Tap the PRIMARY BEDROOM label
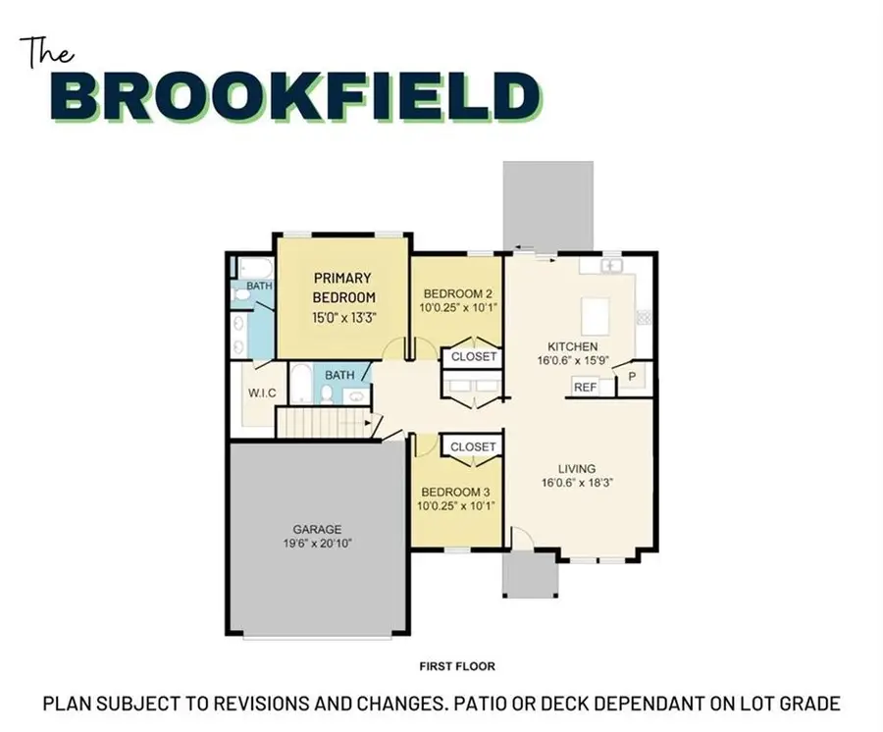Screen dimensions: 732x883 pyautogui.click(x=343, y=287)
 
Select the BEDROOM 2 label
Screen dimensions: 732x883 pyautogui.click(x=456, y=293)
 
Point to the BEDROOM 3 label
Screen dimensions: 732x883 pyautogui.click(x=456, y=492)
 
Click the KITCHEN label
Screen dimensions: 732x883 pyautogui.click(x=572, y=346)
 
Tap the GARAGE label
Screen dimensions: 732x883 pyautogui.click(x=316, y=529)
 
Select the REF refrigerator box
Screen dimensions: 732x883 pyautogui.click(x=585, y=388)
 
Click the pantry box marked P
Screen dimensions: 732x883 pyautogui.click(x=631, y=377)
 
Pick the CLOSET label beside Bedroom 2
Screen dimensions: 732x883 pyautogui.click(x=473, y=358)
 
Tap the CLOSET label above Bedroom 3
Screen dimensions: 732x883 pyautogui.click(x=473, y=446)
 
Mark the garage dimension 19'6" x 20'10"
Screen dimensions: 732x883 pyautogui.click(x=316, y=543)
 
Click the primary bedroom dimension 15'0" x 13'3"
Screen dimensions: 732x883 pyautogui.click(x=343, y=317)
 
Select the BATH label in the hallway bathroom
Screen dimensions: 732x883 pyautogui.click(x=339, y=375)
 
